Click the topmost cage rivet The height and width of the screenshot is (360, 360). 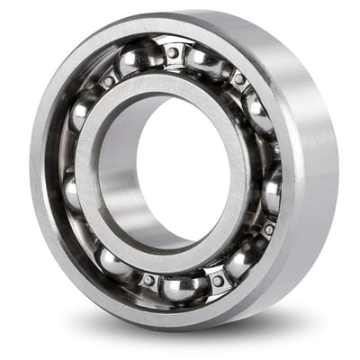(173, 51)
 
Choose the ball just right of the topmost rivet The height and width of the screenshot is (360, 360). (205, 61)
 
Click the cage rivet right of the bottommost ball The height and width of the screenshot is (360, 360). (218, 281)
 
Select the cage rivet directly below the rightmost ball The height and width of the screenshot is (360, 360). (268, 229)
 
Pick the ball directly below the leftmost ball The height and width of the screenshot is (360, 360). (114, 261)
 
